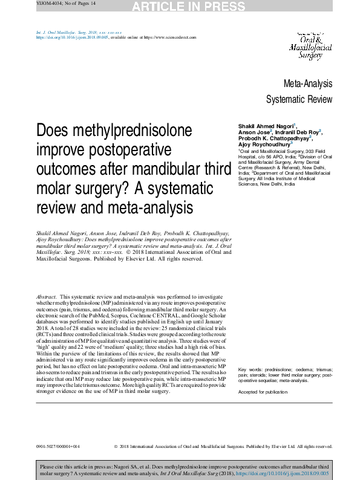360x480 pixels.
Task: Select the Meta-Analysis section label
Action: pyautogui.click(x=308, y=83)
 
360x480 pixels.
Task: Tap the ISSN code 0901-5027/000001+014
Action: pyautogui.click(x=58, y=446)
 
